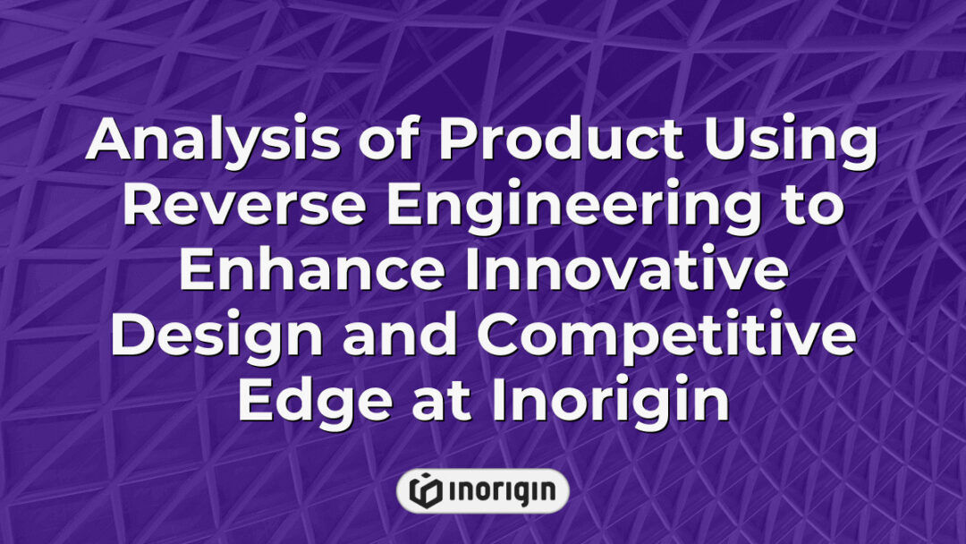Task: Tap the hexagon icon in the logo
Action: [426, 491]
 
